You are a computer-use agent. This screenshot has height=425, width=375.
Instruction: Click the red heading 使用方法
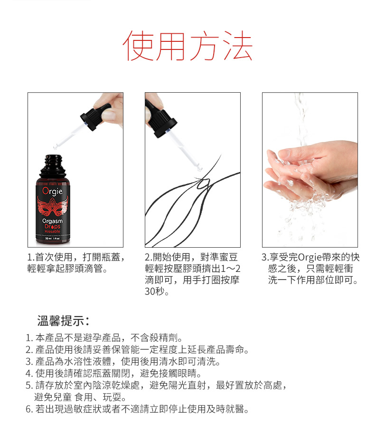187,46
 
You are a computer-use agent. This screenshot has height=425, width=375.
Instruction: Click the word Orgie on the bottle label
53,191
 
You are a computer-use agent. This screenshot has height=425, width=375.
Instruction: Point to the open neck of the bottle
53,158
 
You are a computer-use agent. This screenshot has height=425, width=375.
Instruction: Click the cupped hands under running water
310,174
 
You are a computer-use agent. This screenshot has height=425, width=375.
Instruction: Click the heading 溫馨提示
63,320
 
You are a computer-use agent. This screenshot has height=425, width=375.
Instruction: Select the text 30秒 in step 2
157,291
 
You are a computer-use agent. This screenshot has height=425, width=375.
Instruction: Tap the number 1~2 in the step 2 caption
231,269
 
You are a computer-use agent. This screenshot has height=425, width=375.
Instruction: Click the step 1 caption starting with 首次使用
76,262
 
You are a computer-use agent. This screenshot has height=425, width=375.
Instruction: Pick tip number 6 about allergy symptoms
137,409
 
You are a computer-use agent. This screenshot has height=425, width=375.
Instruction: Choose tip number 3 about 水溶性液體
123,361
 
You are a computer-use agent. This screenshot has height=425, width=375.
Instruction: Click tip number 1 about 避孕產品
104,338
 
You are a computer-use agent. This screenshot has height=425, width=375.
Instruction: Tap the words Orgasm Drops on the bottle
53,223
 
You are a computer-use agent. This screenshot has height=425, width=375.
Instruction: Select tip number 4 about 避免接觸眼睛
113,373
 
